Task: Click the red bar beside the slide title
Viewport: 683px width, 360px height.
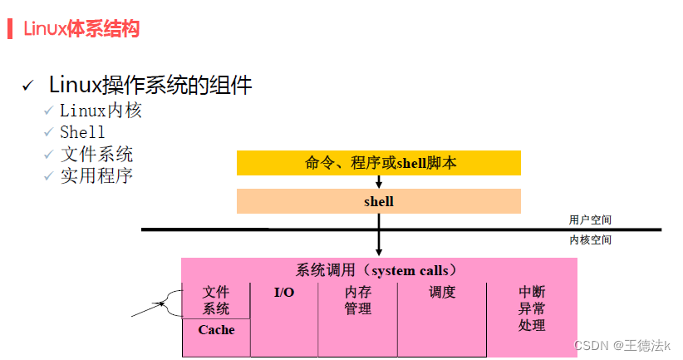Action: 10,28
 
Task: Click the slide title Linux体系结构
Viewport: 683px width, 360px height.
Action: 81,29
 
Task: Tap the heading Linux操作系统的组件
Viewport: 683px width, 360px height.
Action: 150,85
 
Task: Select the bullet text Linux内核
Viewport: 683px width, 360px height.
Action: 101,110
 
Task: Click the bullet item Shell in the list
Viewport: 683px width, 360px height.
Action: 82,132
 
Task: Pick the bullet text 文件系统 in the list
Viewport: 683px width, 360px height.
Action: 96,154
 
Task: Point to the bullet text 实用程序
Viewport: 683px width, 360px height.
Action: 96,175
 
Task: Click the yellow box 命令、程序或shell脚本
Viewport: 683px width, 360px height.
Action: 379,163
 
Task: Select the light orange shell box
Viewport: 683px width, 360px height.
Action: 379,201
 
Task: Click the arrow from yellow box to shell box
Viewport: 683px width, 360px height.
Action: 379,182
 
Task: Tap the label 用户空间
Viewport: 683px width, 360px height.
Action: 590,220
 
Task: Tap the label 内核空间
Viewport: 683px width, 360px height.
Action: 590,239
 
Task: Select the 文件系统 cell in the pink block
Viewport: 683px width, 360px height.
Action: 216,300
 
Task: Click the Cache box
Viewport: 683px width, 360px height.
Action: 216,330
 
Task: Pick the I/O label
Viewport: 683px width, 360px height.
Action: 284,293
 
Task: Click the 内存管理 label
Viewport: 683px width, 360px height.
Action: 358,301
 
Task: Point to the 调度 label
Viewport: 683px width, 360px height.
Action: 442,293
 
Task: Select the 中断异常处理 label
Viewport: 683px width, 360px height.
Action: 532,308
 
